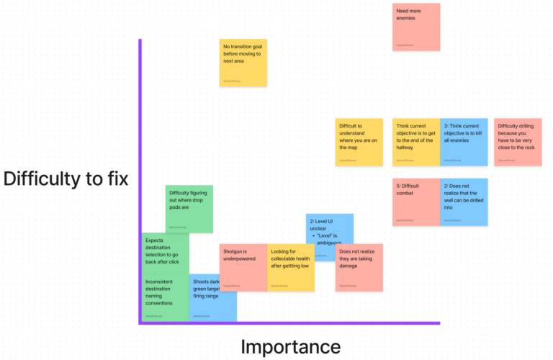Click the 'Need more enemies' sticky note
coord(416,27)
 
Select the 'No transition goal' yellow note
coord(243,63)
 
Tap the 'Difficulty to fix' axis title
coord(66,179)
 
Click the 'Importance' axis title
coord(290,346)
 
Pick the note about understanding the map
coord(359,142)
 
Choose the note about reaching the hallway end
coord(416,142)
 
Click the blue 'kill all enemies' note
coord(464,142)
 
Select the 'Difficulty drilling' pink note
coord(518,142)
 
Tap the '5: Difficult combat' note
coord(416,202)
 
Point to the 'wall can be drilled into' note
coord(464,202)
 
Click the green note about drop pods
coord(189,209)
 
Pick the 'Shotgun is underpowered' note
coord(243,268)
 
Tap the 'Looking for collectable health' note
coord(291,268)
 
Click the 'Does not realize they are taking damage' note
coord(359,268)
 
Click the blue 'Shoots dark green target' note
coord(214,297)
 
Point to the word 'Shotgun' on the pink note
coord(235,251)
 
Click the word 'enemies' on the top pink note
coord(406,18)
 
